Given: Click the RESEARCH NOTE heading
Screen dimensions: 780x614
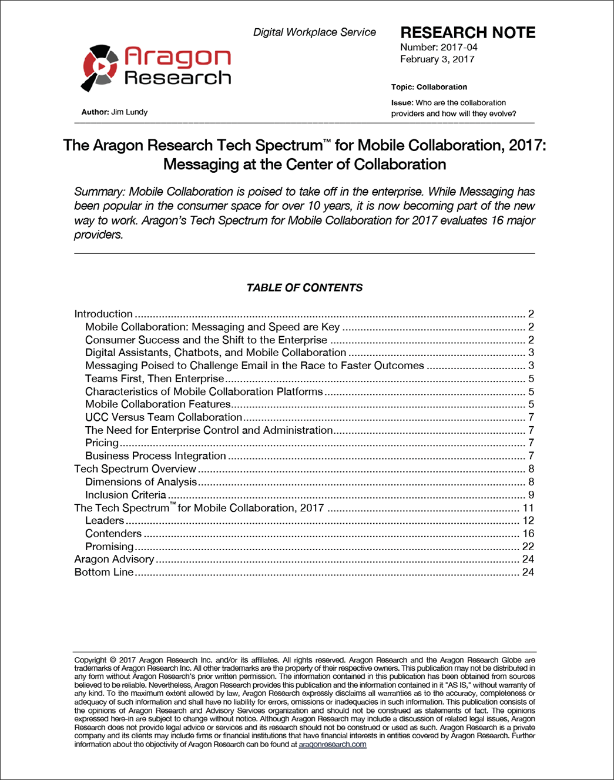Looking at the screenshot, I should tap(468, 32).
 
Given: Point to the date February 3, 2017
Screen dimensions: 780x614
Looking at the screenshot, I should tap(437, 59).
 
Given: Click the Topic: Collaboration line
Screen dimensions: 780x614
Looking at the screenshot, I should tap(429, 87).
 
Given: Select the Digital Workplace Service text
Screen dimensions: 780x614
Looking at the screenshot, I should tap(314, 32).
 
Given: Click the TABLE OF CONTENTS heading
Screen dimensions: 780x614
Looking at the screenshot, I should tap(304, 287).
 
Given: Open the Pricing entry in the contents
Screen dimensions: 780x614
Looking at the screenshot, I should tap(102, 443).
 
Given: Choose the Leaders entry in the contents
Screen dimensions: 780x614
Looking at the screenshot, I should tap(105, 520).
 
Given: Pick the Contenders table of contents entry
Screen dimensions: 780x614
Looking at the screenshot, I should tap(113, 533).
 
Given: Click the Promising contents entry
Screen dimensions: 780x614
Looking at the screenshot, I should tap(109, 546).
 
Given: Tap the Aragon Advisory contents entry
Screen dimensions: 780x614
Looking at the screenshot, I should tap(114, 559).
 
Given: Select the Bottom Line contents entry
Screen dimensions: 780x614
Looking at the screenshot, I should tap(104, 572).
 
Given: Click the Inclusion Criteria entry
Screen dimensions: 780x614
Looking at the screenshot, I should tap(126, 495).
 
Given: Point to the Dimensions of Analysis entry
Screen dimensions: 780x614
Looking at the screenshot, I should tap(141, 482).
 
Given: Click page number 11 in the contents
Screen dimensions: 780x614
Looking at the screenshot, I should tap(528, 508).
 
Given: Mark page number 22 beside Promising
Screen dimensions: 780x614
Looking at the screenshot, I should tap(528, 546).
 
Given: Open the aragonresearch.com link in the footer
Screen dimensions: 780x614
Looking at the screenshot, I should tap(332, 744).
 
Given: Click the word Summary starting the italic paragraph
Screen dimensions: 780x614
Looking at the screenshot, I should tap(99, 192).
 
